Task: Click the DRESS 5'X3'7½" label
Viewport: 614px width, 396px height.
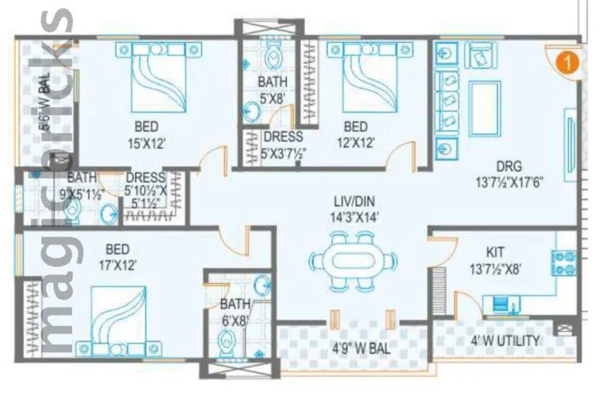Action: click(283, 144)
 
